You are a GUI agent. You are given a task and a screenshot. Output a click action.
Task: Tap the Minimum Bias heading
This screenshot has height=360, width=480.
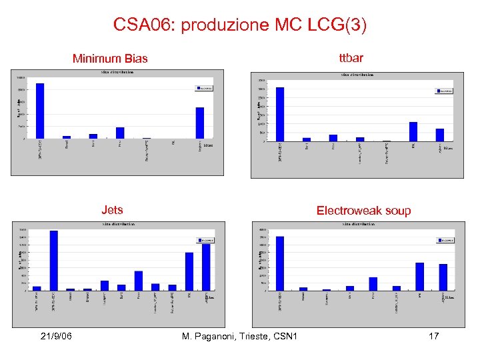tap(110, 59)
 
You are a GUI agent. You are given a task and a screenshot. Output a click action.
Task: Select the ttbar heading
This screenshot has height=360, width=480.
tap(351, 58)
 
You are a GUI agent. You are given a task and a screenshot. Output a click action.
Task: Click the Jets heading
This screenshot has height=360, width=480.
tap(112, 210)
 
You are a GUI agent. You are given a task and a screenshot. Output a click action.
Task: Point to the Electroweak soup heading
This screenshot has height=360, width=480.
tap(363, 211)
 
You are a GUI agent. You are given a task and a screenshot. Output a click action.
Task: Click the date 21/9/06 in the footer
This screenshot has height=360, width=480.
tap(55, 336)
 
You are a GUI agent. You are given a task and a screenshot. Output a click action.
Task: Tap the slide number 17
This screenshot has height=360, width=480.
tap(433, 336)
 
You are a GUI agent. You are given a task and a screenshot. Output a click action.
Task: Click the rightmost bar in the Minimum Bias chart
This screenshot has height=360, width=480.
tap(200, 123)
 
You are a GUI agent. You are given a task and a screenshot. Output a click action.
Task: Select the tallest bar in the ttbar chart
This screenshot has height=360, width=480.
tap(280, 114)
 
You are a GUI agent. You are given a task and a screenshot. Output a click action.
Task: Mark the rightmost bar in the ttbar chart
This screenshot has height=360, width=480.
tap(440, 135)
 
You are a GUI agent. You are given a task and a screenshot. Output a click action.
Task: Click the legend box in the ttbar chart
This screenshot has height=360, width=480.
tap(444, 91)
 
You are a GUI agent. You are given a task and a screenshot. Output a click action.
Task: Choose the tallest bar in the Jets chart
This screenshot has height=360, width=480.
tap(54, 260)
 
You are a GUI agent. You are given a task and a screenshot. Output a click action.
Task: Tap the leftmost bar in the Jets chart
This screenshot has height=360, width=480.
tap(37, 288)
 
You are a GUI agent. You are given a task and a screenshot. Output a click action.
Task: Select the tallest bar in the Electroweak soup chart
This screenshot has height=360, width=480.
tap(280, 263)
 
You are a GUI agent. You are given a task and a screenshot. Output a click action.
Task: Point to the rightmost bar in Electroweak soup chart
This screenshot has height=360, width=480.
tap(443, 277)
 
